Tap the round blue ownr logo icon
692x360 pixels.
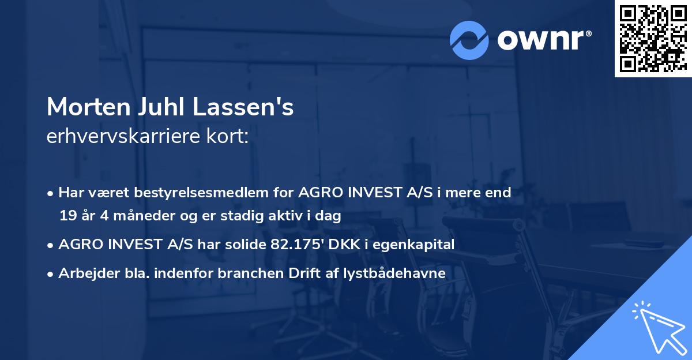point(468,40)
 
